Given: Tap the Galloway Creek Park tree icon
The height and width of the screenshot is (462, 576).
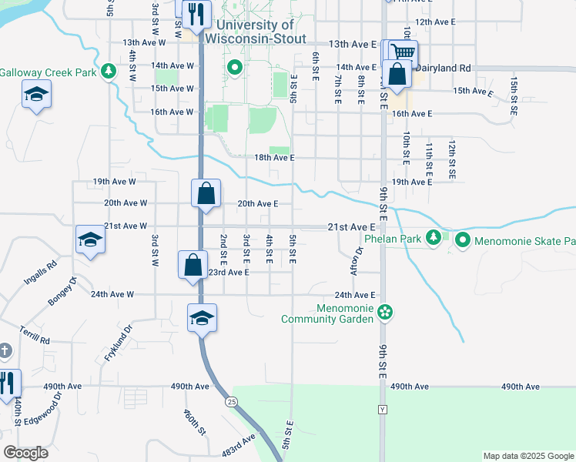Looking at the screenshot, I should [x=109, y=72].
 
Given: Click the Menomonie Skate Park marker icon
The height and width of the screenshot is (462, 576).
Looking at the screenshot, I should [x=462, y=240].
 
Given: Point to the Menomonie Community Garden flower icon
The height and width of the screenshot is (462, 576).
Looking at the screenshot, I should [x=387, y=312].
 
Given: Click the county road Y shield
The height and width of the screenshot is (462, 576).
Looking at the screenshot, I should [x=382, y=410].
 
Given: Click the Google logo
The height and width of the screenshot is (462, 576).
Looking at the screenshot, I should [x=25, y=453].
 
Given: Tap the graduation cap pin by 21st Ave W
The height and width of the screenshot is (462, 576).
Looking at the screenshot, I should [x=90, y=239].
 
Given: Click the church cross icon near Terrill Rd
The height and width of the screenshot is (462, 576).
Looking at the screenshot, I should [x=5, y=351].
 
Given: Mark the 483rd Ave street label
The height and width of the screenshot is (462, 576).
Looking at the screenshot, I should [x=240, y=447].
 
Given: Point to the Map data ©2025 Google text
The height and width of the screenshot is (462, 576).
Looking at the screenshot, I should [x=528, y=456].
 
